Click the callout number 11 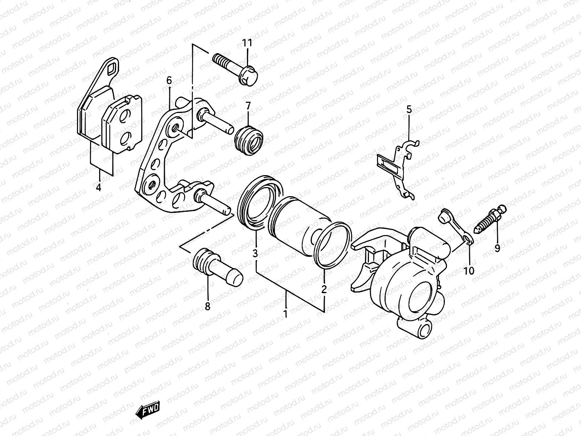(247, 43)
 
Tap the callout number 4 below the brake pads (99, 187)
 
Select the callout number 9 (497, 248)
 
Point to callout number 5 (409, 109)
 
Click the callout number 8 (207, 307)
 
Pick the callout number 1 (285, 313)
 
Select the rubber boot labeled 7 (249, 141)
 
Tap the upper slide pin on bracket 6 (216, 122)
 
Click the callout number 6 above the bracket (169, 80)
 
